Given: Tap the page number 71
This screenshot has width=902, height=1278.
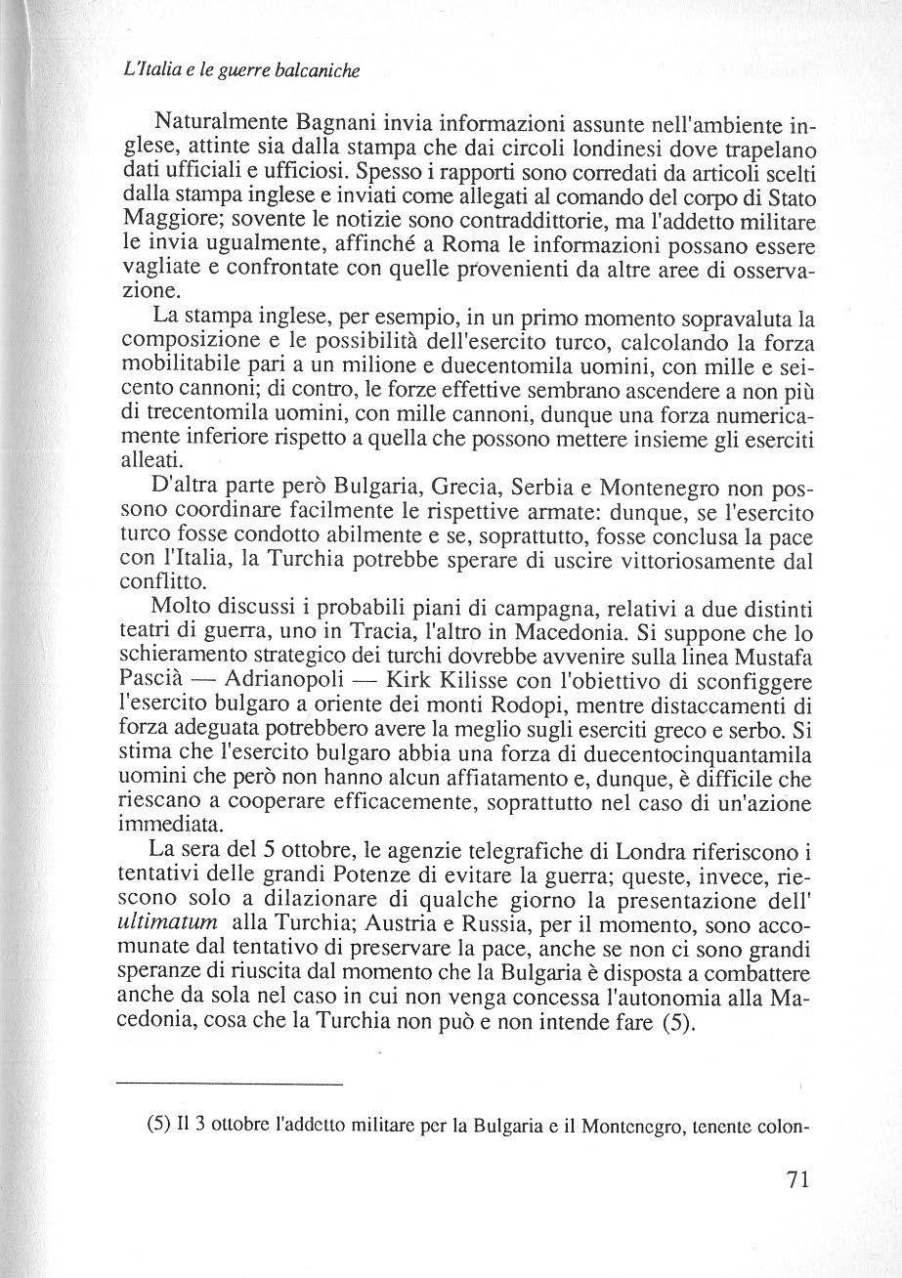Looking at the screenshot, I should tap(798, 1209).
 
